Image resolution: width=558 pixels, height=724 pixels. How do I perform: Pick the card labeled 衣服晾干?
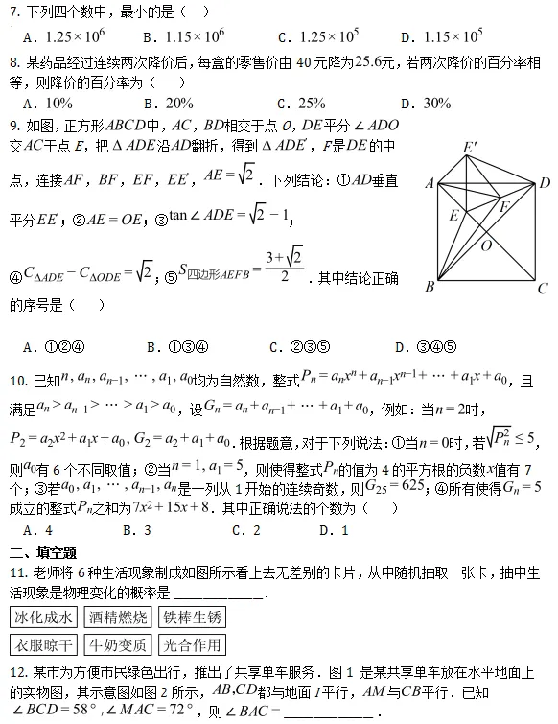tap(42, 644)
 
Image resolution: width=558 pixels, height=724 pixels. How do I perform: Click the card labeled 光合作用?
tap(192, 644)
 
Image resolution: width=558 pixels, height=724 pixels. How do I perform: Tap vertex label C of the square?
tap(543, 287)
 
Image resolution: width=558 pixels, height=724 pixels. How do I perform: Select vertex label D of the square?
tap(544, 182)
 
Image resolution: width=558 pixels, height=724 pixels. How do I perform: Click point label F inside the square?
tap(503, 205)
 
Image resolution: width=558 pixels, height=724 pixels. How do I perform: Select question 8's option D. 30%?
tap(425, 103)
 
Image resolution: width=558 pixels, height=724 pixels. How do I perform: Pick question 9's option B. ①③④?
tap(178, 347)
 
